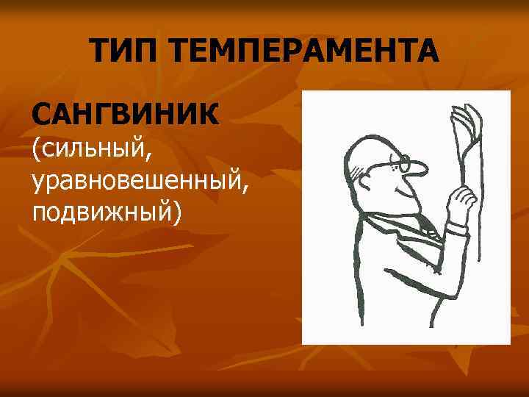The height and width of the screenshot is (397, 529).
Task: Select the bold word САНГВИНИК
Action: click(125, 115)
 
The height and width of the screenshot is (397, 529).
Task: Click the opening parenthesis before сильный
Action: click(35, 149)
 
